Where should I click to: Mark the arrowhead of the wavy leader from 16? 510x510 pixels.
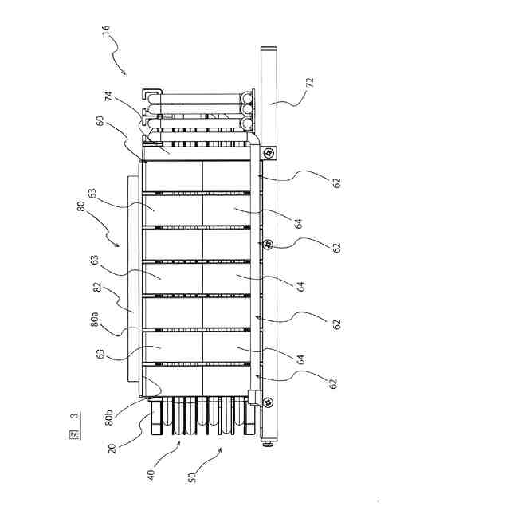(124, 73)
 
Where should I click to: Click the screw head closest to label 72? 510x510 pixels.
(269, 151)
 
